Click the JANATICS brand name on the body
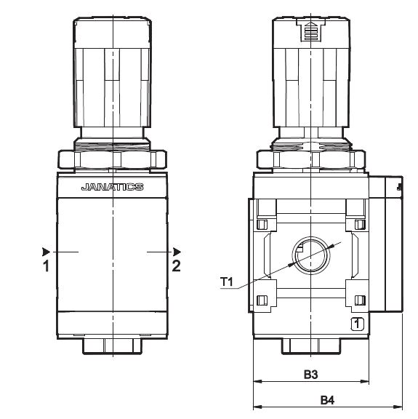point(113,187)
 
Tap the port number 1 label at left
point(47,266)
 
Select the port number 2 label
point(176,266)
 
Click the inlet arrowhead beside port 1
point(46,252)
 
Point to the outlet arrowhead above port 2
point(177,252)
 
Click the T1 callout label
point(227,282)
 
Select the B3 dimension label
point(311,375)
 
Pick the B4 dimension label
point(327,400)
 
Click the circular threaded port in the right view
point(311,255)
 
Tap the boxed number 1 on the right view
point(357,324)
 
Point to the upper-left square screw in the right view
point(262,225)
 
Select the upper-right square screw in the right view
point(360,225)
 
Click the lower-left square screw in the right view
point(262,300)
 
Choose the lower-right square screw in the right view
point(360,300)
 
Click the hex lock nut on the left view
point(113,159)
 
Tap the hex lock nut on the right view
point(311,159)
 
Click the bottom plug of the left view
point(113,346)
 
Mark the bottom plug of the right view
point(311,346)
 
